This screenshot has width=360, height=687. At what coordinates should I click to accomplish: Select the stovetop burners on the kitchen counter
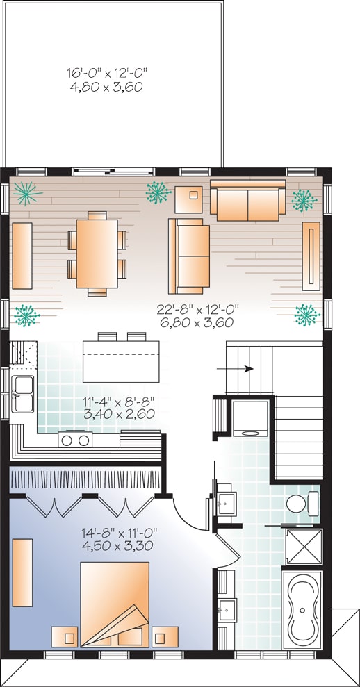point(75,439)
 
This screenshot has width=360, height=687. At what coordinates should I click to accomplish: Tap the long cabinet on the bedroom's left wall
point(23,572)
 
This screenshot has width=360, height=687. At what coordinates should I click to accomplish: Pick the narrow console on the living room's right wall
point(311,255)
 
